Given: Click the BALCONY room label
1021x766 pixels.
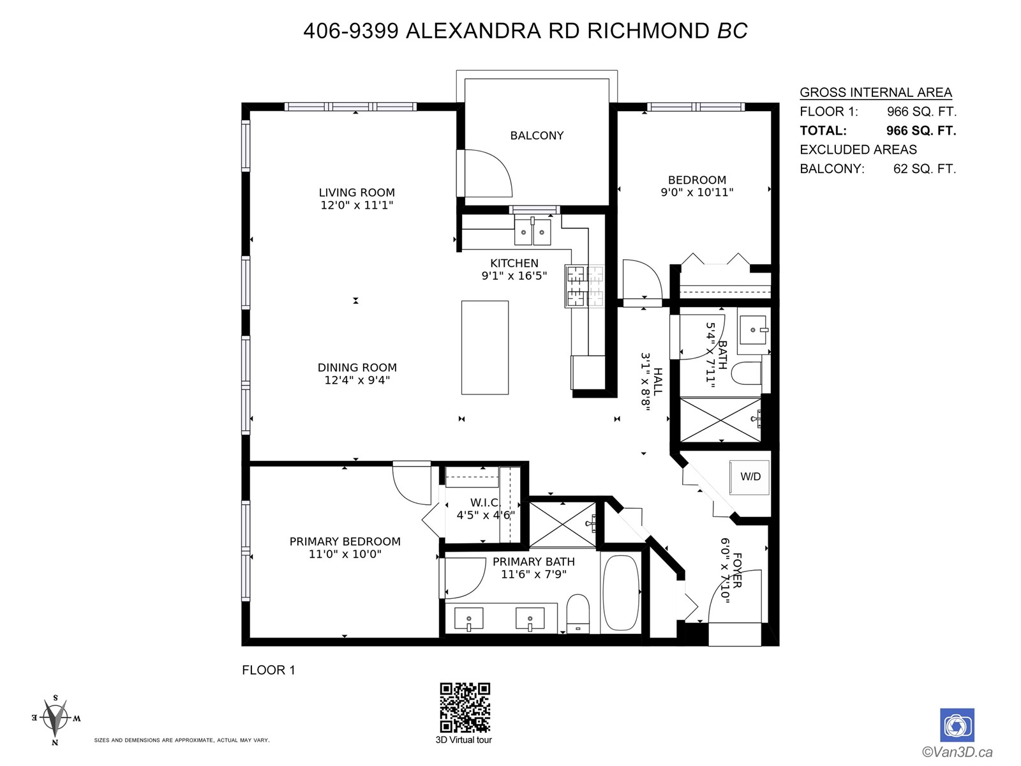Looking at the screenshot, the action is [537, 135].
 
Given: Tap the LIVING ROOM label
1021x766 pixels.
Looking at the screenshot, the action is [357, 192].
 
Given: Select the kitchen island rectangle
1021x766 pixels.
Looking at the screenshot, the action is [485, 347].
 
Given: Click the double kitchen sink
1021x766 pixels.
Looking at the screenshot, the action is [533, 230].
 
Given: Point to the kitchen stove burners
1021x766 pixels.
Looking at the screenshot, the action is [585, 286].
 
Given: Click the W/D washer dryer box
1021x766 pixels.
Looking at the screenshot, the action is [749, 477].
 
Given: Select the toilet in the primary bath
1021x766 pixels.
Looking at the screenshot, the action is [578, 613].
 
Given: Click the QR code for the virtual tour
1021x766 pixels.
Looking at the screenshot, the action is [465, 707].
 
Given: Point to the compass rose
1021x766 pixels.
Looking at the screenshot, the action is [56, 719].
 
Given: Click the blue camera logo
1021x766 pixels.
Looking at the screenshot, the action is [957, 725].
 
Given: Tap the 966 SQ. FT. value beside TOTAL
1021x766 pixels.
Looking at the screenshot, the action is [921, 130].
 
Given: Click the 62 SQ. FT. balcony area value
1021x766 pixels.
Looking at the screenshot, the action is [925, 169].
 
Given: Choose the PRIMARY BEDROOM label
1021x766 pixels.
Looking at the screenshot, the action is [345, 541].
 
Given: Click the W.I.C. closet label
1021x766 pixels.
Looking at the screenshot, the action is [485, 502].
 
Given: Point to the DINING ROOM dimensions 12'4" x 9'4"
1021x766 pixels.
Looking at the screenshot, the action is [357, 380].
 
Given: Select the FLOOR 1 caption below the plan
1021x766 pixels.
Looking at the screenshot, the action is [269, 670].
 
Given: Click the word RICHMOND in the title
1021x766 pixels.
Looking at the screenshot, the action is [648, 31].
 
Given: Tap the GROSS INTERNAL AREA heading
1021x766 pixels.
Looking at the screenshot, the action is [876, 92].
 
